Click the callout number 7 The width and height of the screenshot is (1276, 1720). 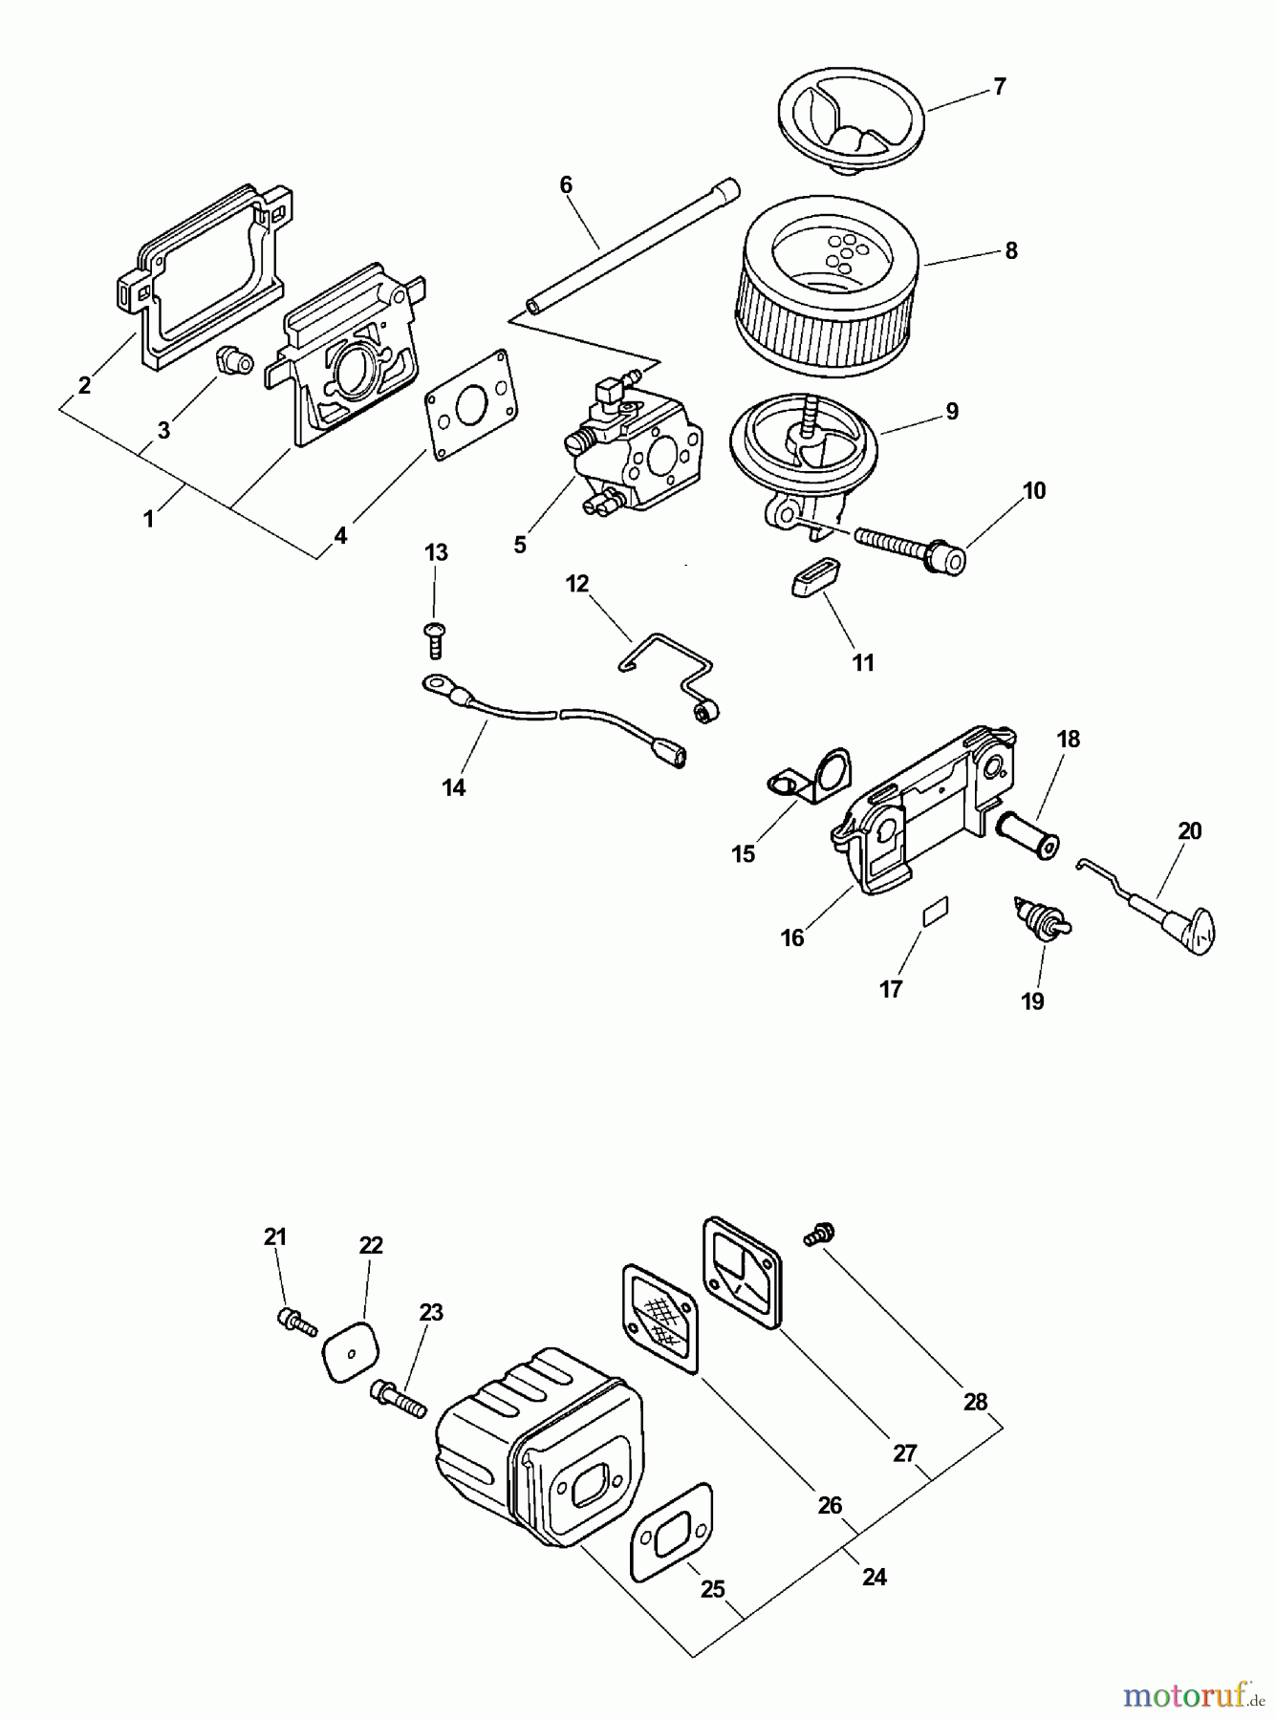[999, 87]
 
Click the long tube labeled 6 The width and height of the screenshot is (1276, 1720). [631, 247]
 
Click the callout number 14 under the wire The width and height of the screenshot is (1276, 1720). [453, 787]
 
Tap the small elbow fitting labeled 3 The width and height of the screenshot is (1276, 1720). [232, 362]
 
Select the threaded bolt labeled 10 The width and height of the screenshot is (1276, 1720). [908, 548]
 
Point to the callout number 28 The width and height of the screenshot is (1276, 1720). [974, 1402]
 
